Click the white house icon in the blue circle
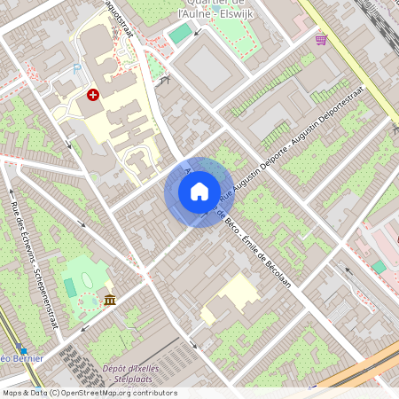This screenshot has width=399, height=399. pyautogui.click(x=199, y=192)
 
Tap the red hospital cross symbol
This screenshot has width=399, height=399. pyautogui.click(x=93, y=94)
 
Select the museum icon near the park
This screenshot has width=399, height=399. pyautogui.click(x=110, y=300)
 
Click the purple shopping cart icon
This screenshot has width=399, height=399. pyautogui.click(x=321, y=40)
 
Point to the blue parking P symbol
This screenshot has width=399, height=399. pyautogui.click(x=77, y=66)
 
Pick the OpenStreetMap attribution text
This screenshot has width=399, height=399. pyautogui.click(x=89, y=392)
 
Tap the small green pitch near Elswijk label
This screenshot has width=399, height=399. pyautogui.click(x=181, y=34)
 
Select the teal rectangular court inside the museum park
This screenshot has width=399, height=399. pyautogui.click(x=70, y=287)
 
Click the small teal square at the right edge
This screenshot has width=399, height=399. pyautogui.click(x=379, y=266)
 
